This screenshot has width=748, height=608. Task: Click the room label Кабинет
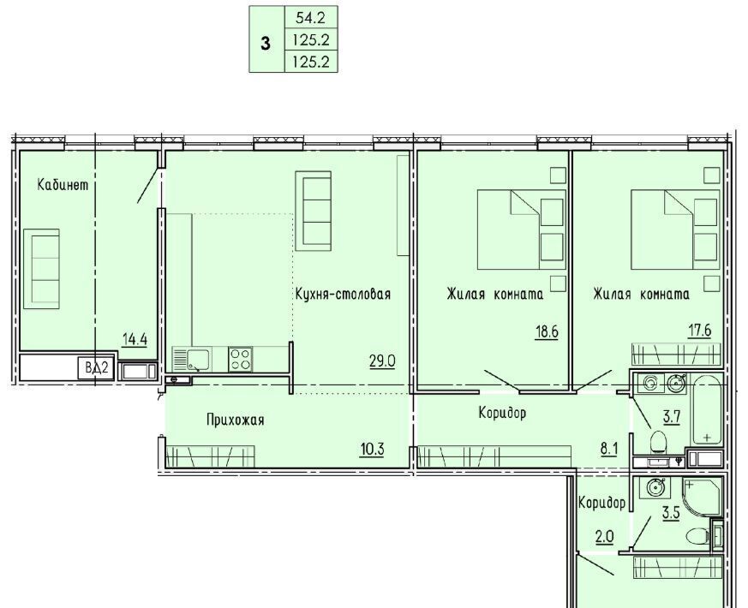[x=63, y=185]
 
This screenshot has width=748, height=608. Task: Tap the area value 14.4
[x=135, y=340]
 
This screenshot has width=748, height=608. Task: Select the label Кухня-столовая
[x=343, y=294]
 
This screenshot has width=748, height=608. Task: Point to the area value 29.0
[x=383, y=361]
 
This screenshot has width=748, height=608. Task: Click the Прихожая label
[x=235, y=420]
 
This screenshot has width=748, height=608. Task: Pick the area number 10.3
[x=372, y=450]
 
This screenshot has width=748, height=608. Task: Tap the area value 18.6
[x=547, y=331]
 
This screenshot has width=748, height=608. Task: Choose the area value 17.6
[x=700, y=330]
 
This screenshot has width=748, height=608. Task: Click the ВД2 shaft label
[x=97, y=368]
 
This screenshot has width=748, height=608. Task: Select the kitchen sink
[x=191, y=360]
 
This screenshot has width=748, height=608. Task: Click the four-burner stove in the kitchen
[x=241, y=359]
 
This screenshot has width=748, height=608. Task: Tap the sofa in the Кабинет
[x=41, y=269]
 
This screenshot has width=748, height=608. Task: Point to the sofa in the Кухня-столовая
[x=314, y=211]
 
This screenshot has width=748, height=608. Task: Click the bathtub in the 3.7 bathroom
[x=708, y=409]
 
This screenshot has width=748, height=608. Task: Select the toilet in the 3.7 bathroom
[x=658, y=441]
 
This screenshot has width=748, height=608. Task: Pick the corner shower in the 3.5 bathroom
[x=702, y=497]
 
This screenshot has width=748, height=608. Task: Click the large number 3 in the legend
[x=266, y=44]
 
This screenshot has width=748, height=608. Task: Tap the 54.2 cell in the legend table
[x=310, y=18]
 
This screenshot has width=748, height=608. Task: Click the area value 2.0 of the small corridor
[x=604, y=537]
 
